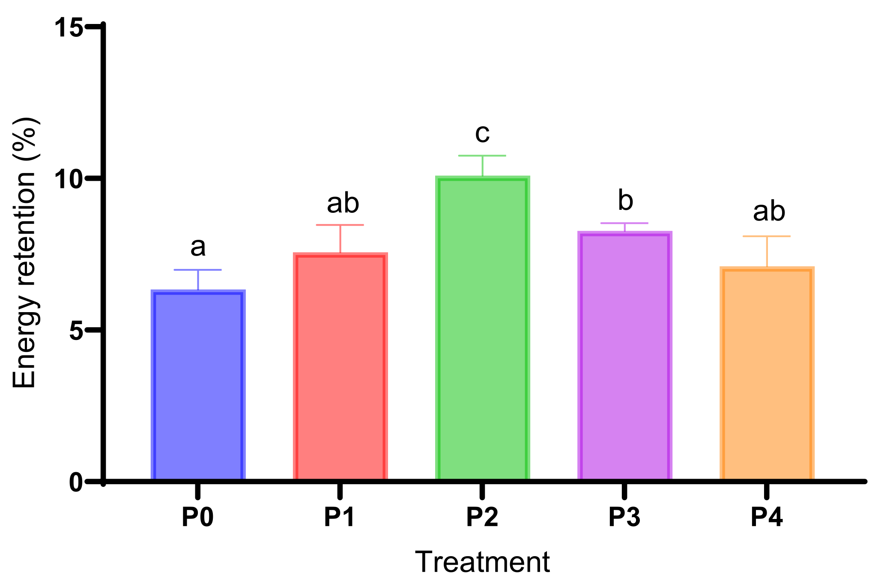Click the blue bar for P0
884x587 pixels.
(198, 385)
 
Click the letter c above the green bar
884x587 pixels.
(482, 134)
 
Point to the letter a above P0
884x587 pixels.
(198, 247)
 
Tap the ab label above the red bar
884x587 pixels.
(343, 204)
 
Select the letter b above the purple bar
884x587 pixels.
(625, 200)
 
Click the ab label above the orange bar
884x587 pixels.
(769, 212)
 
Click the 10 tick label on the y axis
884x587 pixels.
(69, 179)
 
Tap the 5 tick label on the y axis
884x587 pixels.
(76, 331)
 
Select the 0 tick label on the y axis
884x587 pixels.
(76, 483)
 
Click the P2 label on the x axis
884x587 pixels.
(482, 517)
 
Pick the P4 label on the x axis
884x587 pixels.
(766, 517)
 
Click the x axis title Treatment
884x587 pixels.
(482, 562)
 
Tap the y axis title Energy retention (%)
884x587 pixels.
(24, 253)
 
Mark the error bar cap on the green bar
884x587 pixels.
(482, 156)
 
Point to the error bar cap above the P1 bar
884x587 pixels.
(340, 225)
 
